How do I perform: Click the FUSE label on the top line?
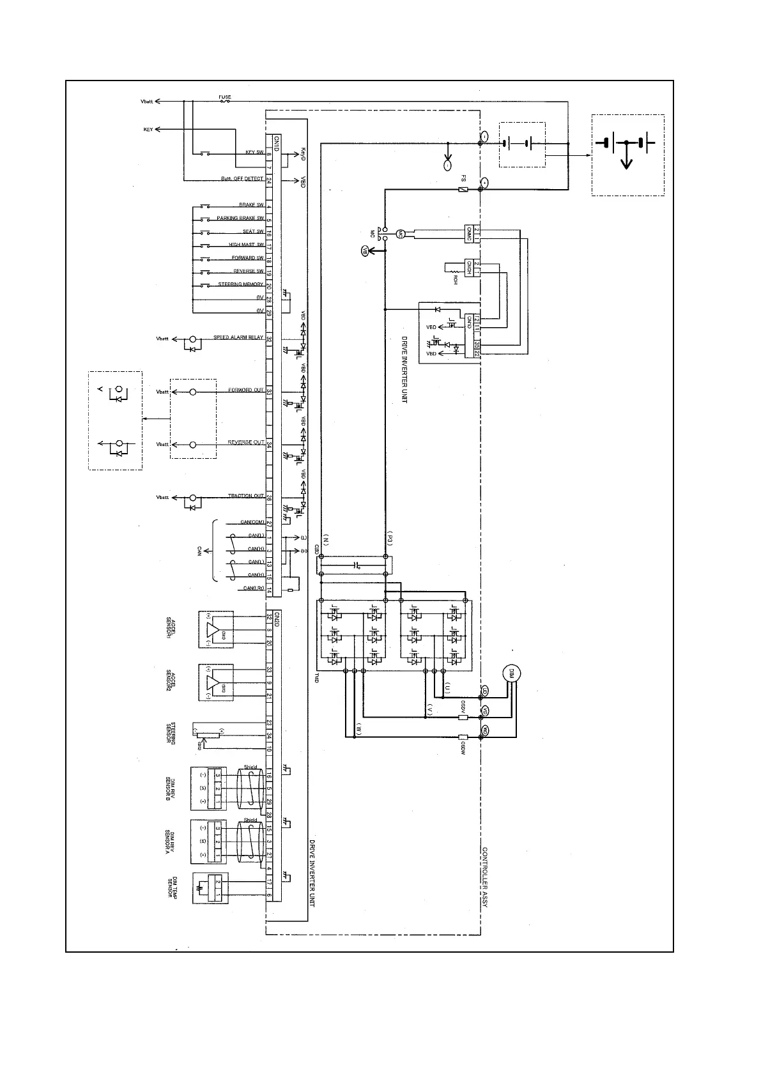225,97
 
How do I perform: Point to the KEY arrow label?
148,130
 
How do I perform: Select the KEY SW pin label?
254,153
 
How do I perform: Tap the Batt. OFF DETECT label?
242,179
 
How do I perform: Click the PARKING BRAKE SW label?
240,219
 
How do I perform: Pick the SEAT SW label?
253,232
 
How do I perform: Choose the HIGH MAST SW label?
247,245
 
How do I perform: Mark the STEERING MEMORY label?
241,285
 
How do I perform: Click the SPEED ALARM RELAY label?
238,337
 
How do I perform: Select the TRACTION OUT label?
246,496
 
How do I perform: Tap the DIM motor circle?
511,673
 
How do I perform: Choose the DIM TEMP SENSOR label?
172,888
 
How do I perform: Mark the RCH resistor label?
455,279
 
